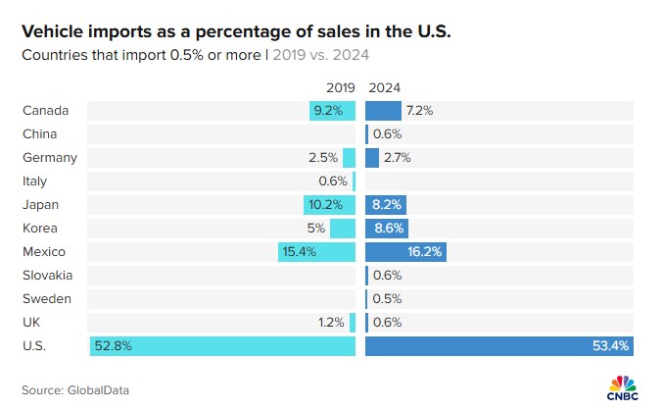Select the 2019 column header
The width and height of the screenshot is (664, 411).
(340, 87)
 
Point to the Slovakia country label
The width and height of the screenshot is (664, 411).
(47, 276)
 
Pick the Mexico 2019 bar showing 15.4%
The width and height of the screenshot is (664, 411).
(316, 252)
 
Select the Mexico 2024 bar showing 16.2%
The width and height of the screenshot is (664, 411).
(404, 252)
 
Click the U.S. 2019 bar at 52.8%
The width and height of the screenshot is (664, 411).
(222, 346)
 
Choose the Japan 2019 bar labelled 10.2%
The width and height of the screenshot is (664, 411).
(329, 205)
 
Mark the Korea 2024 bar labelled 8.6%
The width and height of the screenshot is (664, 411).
(386, 229)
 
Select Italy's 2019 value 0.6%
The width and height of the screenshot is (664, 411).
(333, 181)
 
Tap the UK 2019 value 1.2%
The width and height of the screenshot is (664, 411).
(331, 323)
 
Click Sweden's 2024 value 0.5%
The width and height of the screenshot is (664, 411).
(388, 299)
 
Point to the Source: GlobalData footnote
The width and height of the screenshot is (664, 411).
(75, 390)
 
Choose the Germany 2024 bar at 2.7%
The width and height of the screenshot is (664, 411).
(372, 158)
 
